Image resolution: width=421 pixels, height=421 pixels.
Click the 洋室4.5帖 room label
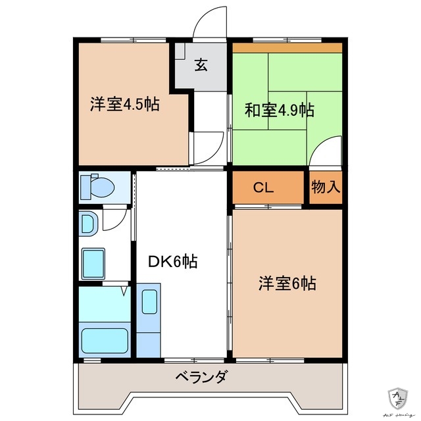click(124, 104)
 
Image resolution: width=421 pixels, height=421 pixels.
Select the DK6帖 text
click(172, 261)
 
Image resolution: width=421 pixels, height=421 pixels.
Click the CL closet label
click(264, 187)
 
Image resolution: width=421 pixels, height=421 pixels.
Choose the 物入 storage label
click(326, 187)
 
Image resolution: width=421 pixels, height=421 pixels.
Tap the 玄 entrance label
click(201, 65)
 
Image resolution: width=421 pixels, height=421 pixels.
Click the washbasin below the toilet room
click(88, 224)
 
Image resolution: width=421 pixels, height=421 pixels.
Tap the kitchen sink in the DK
click(149, 302)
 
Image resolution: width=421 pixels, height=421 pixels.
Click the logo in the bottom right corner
click(399, 398)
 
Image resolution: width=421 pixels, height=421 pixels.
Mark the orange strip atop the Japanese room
click(287, 48)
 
